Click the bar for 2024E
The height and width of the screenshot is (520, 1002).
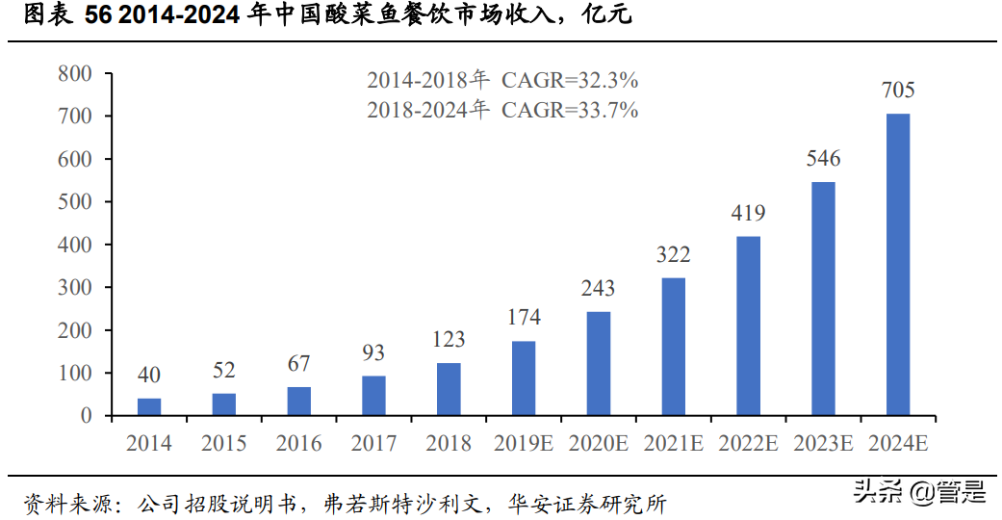(897, 265)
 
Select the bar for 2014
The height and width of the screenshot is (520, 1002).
(149, 406)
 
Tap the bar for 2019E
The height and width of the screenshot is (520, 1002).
(524, 378)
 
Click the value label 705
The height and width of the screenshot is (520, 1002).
(897, 91)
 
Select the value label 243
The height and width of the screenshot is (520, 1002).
(598, 288)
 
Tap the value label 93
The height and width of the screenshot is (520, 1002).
(373, 353)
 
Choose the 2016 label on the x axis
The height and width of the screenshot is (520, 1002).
(298, 444)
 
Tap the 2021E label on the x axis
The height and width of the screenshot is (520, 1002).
(673, 444)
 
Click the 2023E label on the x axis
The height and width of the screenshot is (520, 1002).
(823, 444)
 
